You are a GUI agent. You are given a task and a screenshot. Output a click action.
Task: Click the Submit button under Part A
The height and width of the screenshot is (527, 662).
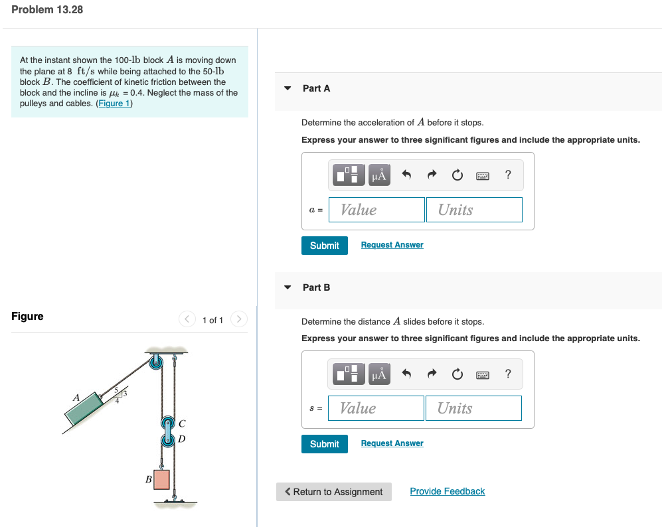point(324,246)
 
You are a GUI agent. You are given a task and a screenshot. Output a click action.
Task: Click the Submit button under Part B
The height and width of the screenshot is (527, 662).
point(324,444)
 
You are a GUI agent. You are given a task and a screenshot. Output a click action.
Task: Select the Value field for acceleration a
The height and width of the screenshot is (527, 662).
point(376,210)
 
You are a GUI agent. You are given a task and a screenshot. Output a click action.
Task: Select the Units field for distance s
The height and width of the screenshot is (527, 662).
point(473,408)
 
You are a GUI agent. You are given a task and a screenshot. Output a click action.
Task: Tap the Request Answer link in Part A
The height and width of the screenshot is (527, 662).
point(392,245)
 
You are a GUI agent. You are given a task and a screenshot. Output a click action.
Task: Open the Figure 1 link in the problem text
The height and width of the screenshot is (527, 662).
point(114,104)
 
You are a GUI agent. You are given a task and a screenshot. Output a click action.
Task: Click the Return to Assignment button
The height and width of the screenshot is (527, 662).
point(333,492)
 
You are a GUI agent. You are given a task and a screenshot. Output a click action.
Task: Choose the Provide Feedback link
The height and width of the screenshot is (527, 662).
point(448,491)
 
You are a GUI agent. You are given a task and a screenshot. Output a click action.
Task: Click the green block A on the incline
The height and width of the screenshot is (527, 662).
point(84,408)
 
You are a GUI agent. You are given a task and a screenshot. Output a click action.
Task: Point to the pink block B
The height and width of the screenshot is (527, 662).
point(162,479)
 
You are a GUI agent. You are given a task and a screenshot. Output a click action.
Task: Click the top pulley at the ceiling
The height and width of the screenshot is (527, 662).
point(156,362)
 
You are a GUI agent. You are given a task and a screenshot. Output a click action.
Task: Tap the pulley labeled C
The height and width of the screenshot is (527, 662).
point(167,422)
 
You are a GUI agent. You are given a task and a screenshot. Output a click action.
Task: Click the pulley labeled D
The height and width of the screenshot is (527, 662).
point(167,440)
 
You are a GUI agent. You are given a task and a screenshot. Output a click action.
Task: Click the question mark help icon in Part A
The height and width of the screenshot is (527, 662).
point(508,175)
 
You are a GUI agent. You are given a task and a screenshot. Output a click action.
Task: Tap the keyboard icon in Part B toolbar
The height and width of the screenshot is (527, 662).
point(483,375)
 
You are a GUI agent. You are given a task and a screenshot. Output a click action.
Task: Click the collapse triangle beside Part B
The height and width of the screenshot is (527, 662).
point(288,287)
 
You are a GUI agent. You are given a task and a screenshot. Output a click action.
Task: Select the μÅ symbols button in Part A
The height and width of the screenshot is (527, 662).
point(379,175)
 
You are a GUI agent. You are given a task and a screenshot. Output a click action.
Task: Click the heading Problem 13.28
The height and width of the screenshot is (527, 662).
point(47,10)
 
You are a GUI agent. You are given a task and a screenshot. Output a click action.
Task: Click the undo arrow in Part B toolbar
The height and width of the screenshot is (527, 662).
point(406,374)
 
